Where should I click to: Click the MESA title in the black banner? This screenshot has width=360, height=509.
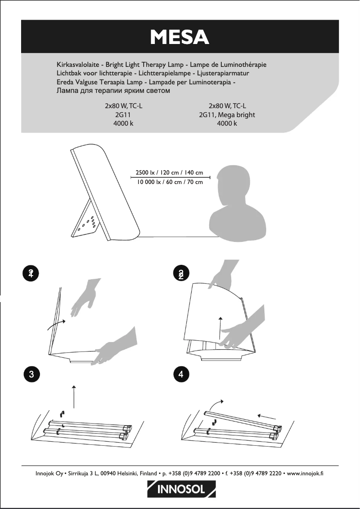pos(180,37)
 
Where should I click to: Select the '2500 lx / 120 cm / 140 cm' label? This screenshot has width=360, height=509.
pos(169,173)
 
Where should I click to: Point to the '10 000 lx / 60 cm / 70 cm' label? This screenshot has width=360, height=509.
pos(169,182)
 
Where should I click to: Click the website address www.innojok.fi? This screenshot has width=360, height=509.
pos(305,473)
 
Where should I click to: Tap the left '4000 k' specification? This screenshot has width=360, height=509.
pos(124,123)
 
